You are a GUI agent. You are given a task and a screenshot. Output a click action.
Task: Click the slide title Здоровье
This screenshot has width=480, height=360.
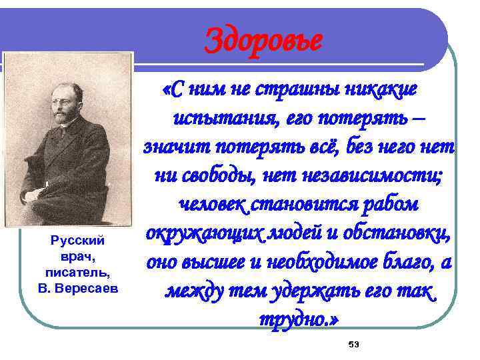(263, 39)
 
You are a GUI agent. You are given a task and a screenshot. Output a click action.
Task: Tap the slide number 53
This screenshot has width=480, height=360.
(353, 344)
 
